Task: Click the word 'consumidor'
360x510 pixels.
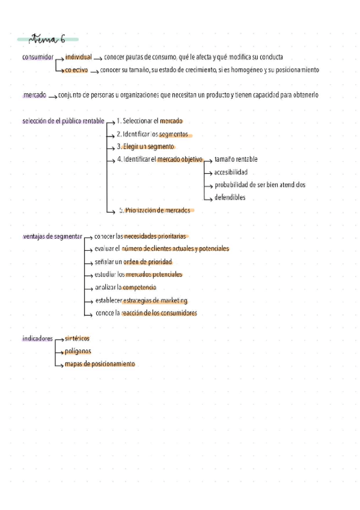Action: tap(37, 58)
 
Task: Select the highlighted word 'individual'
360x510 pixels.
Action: tap(79, 57)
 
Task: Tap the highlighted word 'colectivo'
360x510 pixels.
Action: tap(76, 70)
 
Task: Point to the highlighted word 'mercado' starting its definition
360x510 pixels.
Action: tap(34, 95)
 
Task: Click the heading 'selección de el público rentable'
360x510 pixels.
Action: tap(63, 121)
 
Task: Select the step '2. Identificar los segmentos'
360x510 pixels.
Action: tap(152, 134)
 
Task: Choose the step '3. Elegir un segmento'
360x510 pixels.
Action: tap(145, 147)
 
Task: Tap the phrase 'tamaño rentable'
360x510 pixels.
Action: tap(236, 159)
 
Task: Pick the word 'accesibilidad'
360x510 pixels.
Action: tap(230, 172)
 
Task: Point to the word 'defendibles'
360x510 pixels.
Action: tap(230, 197)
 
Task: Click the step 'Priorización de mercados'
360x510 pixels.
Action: tap(157, 210)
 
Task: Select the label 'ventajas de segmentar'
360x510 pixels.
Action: tap(52, 236)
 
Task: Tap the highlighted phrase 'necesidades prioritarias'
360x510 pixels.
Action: tap(156, 236)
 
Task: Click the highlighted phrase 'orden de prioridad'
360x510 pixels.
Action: tap(148, 262)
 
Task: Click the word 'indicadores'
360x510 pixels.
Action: tap(37, 339)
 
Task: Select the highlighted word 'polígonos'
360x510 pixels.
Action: tap(78, 351)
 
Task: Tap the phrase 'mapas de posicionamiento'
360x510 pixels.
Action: tap(100, 364)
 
